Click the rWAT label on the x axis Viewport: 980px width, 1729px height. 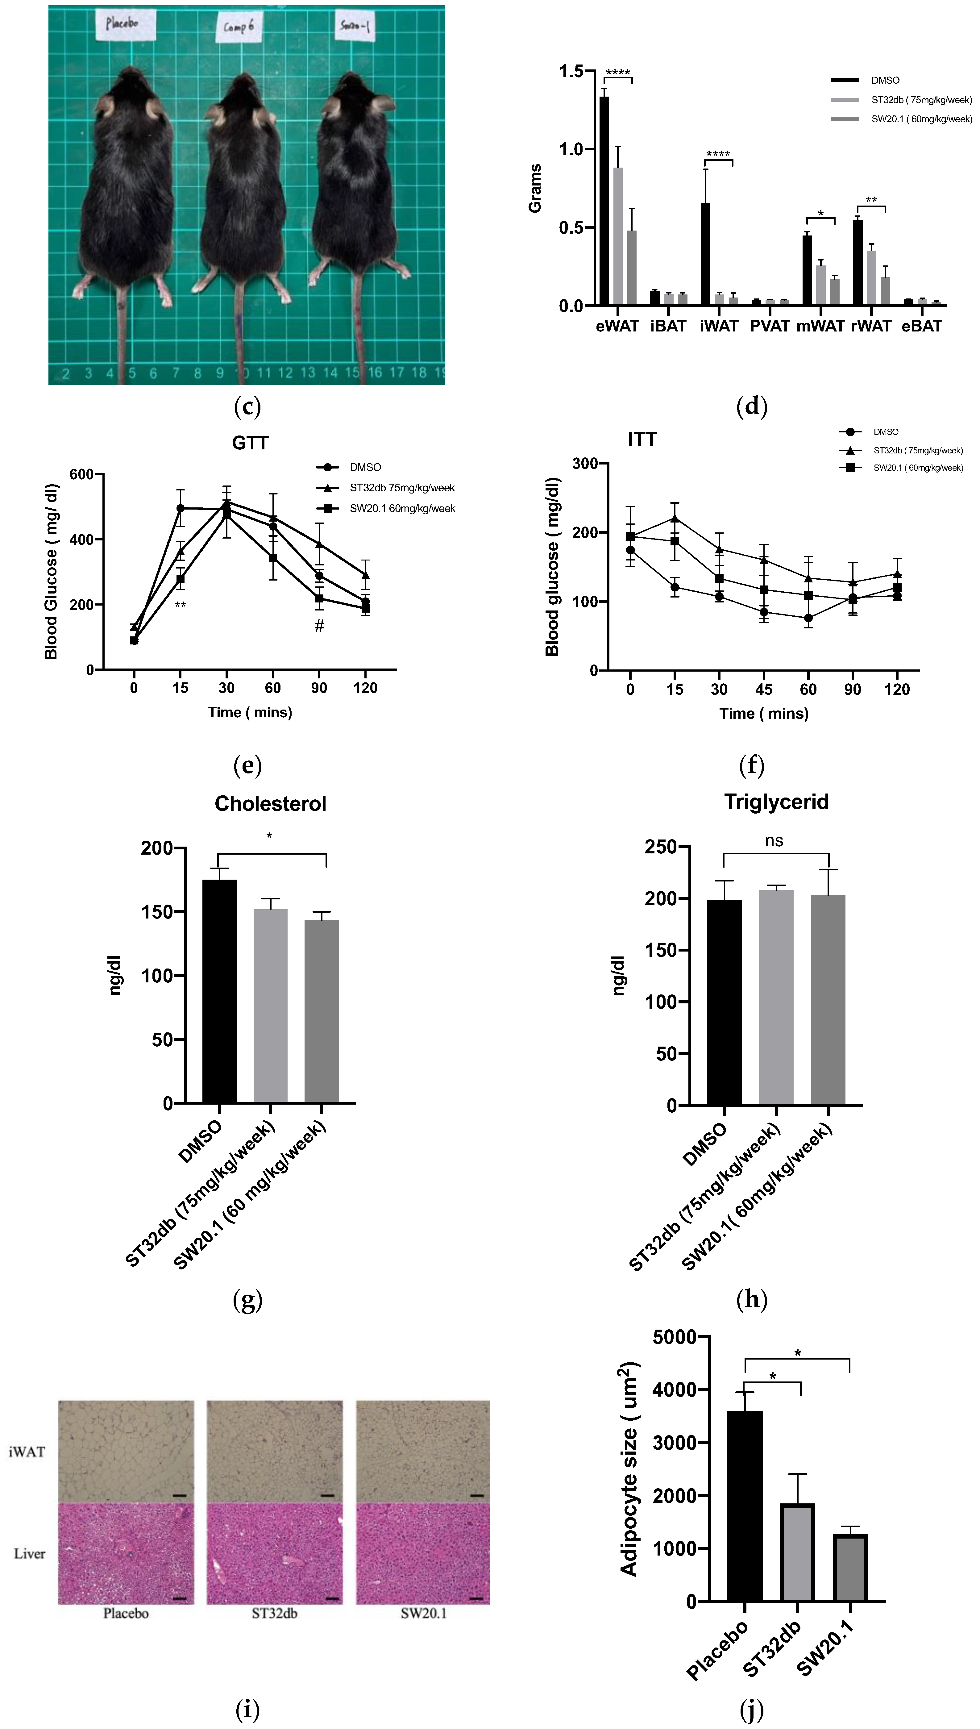pos(871,327)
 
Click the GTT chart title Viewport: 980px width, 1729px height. pos(250,443)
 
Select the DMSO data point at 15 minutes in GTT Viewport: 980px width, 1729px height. pos(181,508)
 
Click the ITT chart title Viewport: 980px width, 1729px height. pos(642,440)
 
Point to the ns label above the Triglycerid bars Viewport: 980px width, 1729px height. pos(774,841)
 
